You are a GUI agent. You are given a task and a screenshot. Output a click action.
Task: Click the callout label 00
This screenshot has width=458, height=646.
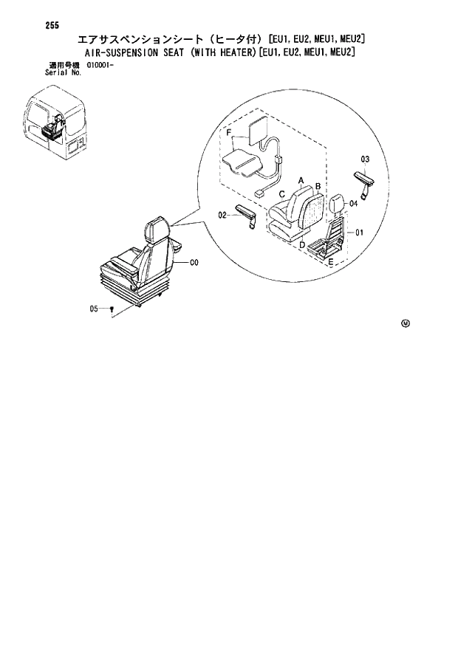coord(194,262)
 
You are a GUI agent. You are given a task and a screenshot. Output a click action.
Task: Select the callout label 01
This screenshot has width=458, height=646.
coord(360,234)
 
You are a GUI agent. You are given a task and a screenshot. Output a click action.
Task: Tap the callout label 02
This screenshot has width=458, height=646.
coord(222,216)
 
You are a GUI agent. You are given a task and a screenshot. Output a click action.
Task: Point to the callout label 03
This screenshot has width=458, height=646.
coord(364,159)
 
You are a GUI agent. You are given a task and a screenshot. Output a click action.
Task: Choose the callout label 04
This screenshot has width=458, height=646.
coord(354,203)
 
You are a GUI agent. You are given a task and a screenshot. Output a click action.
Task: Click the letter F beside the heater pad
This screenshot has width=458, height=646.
coord(229,134)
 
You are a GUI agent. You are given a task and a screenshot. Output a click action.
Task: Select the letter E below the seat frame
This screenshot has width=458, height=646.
coord(330,262)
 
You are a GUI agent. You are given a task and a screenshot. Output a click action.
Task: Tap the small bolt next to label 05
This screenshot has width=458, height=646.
coord(111,310)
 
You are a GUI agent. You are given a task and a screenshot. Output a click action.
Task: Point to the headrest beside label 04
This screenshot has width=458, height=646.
coord(337,204)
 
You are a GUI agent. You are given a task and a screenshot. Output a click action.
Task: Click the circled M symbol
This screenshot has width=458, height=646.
coord(406,323)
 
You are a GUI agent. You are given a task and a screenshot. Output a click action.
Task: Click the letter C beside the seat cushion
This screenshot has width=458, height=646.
coord(282,194)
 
